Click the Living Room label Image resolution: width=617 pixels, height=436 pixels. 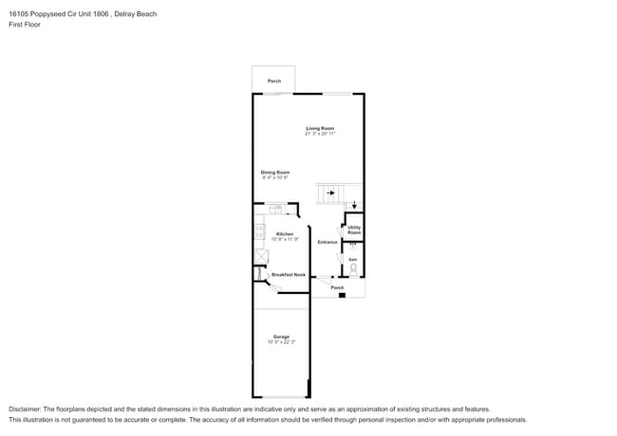pyautogui.click(x=319, y=128)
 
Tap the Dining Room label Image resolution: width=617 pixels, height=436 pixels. pyautogui.click(x=275, y=172)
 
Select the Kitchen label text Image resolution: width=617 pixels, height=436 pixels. pyautogui.click(x=285, y=233)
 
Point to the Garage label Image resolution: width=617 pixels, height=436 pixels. pyautogui.click(x=281, y=336)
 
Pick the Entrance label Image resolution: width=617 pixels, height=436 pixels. pyautogui.click(x=327, y=242)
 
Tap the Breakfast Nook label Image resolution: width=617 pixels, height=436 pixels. pyautogui.click(x=289, y=275)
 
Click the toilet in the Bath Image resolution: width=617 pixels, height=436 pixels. pyautogui.click(x=353, y=268)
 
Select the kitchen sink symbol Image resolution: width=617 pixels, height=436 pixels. pyautogui.click(x=274, y=209)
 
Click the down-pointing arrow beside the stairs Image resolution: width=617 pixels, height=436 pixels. pyautogui.click(x=354, y=204)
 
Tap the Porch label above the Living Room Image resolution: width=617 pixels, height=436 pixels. pyautogui.click(x=273, y=82)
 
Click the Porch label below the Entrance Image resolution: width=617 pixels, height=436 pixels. pyautogui.click(x=337, y=286)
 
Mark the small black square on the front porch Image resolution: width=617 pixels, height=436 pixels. pyautogui.click(x=342, y=295)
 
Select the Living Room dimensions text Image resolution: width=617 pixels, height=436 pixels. pyautogui.click(x=320, y=134)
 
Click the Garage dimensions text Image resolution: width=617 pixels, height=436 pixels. pyautogui.click(x=281, y=342)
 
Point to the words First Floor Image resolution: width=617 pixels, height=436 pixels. pyautogui.click(x=25, y=25)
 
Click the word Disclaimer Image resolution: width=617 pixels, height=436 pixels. pyautogui.click(x=26, y=409)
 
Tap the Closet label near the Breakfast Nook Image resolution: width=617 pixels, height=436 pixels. pyautogui.click(x=257, y=273)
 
